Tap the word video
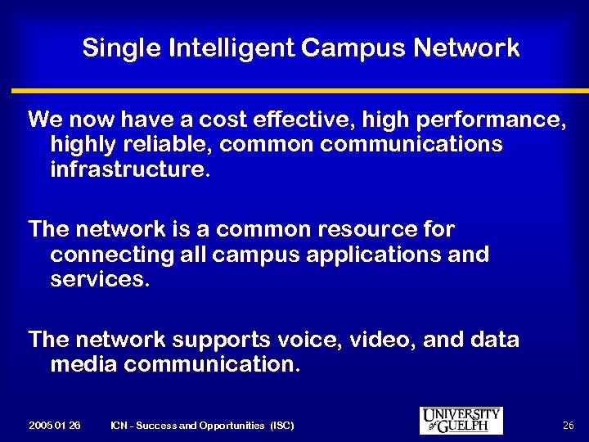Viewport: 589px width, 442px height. [389, 339]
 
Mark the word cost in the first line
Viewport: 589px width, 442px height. [233, 120]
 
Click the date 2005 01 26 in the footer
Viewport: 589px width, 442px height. [54, 426]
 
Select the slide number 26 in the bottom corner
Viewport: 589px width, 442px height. [569, 426]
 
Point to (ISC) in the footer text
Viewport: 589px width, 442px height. [281, 426]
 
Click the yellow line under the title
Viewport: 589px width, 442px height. [294, 91]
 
